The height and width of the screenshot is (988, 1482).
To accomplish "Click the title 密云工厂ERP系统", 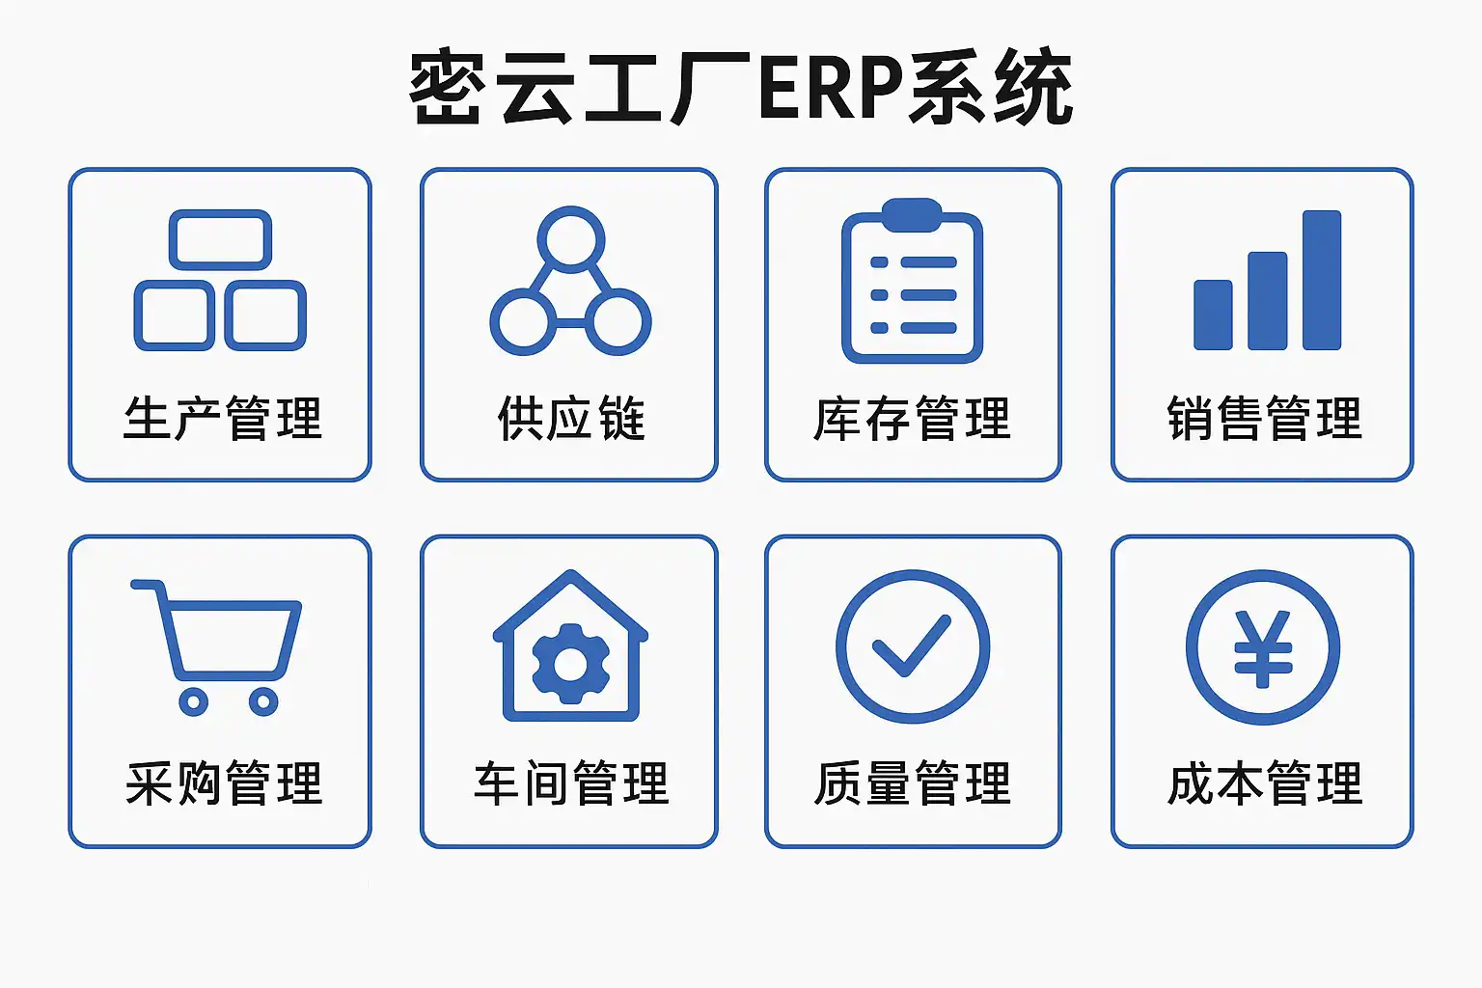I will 741,89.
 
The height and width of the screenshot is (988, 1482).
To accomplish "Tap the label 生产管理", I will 222,419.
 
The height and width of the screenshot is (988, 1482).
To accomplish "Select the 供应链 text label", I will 570,419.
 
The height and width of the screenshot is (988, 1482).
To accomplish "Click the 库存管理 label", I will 912,419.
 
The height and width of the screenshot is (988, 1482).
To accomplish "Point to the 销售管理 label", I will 1264,419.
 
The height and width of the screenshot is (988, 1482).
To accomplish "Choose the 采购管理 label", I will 223,783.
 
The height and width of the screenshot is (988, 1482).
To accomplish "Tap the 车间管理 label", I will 570,783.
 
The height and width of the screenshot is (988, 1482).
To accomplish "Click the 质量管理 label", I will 912,783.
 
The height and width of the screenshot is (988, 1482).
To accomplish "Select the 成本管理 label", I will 1264,783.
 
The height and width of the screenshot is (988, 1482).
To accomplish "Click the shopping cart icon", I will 228,637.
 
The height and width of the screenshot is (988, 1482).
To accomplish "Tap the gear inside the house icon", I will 570,664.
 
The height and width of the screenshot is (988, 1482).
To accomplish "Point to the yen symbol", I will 1263,648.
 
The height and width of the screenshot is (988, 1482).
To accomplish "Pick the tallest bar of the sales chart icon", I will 1321,280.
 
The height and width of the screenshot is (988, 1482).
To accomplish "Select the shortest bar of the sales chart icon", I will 1213,315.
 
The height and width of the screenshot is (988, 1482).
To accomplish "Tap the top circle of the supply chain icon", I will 570,237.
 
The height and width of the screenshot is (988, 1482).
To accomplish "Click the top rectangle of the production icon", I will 221,238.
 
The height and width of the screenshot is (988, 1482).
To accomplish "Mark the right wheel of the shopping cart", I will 263,701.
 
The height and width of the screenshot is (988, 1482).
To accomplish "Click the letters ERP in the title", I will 832,89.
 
